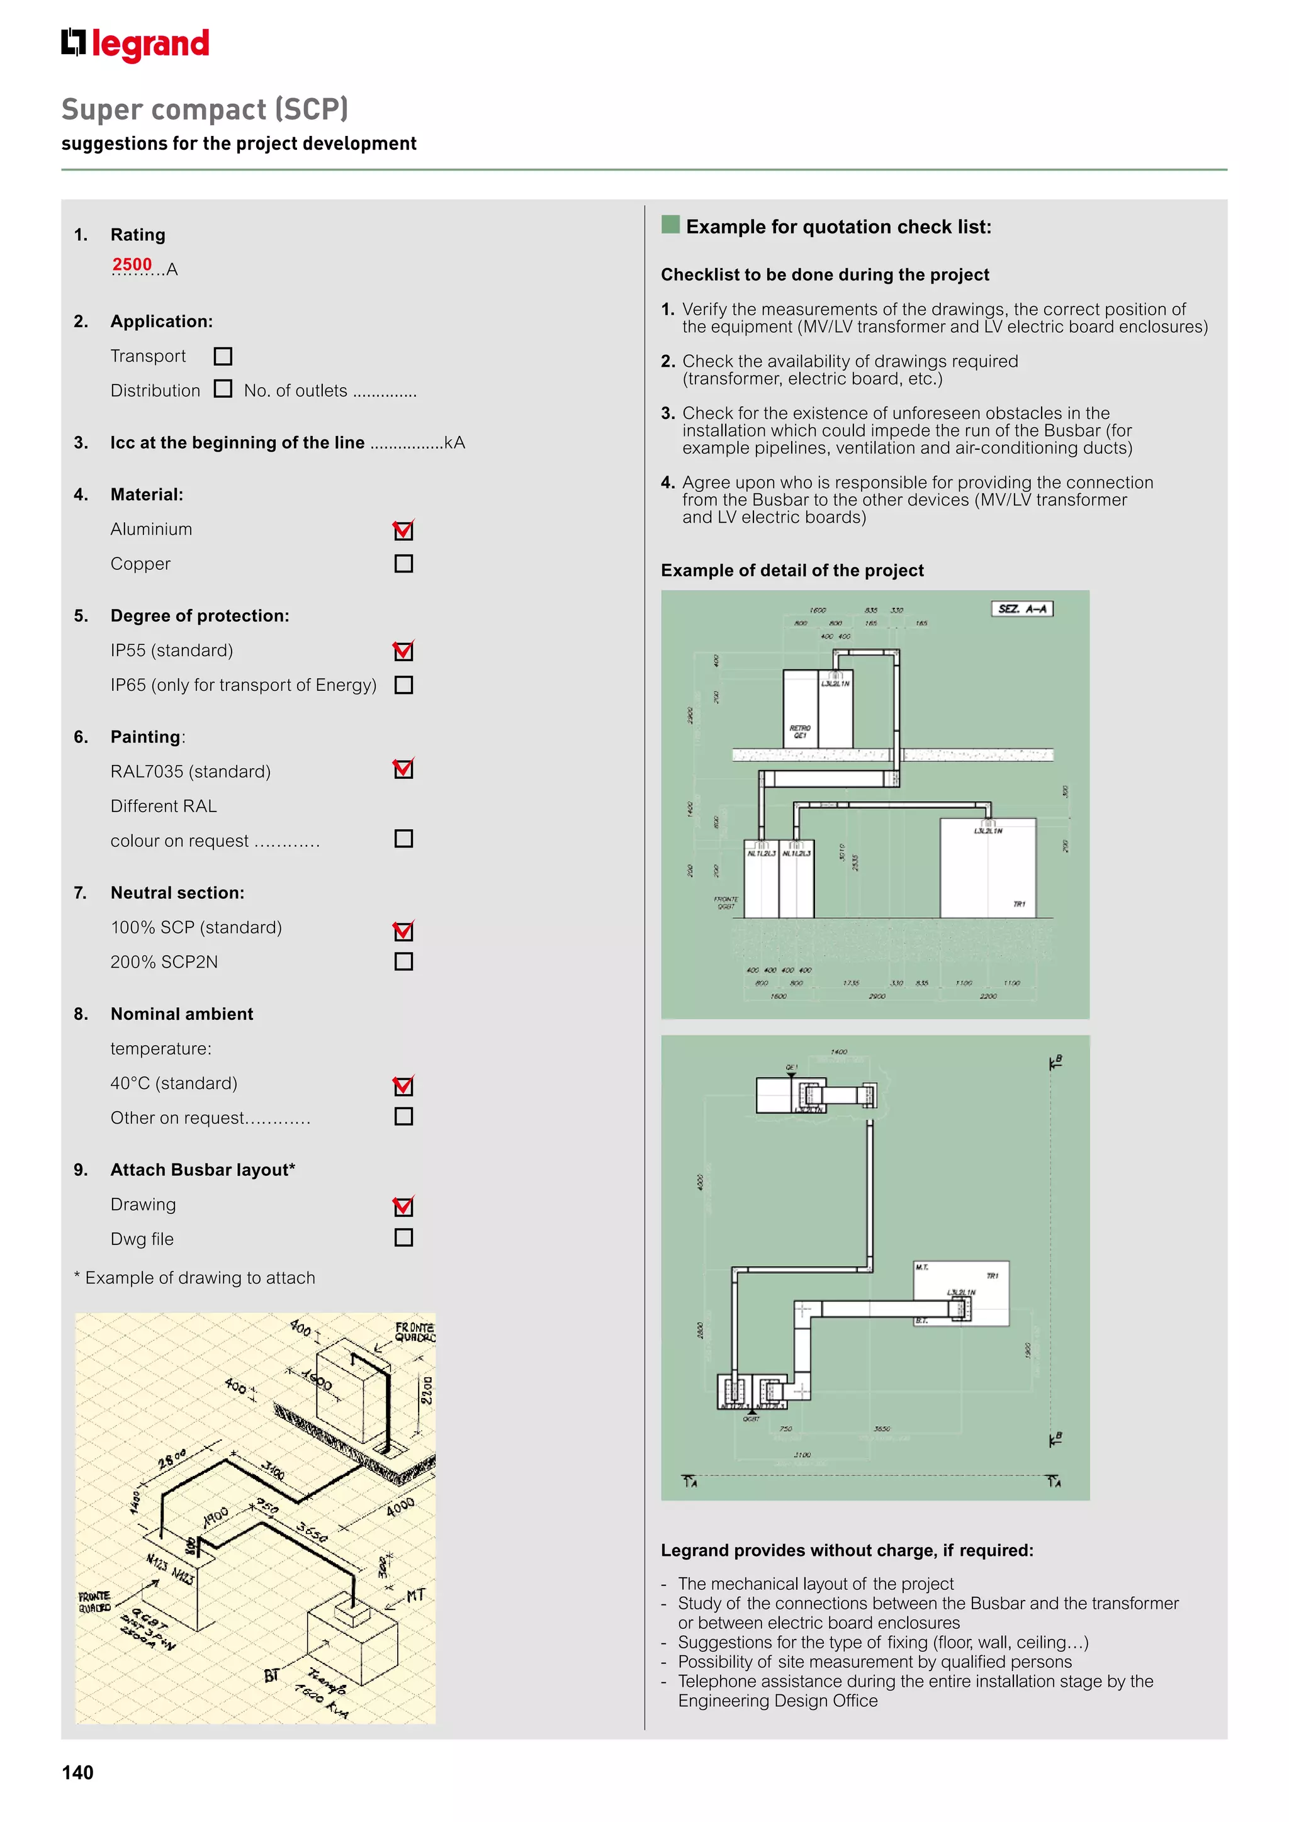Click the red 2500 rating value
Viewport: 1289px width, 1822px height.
pyautogui.click(x=132, y=264)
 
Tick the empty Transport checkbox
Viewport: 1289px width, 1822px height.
pyautogui.click(x=223, y=356)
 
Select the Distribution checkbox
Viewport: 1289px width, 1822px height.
pyautogui.click(x=223, y=389)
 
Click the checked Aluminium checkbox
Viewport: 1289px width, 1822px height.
pyautogui.click(x=403, y=530)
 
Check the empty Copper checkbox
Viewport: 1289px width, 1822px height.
pyautogui.click(x=403, y=564)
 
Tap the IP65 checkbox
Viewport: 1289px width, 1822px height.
pyautogui.click(x=403, y=685)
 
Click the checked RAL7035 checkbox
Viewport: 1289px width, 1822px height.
pyautogui.click(x=403, y=769)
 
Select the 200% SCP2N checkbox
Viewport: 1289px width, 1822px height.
pyautogui.click(x=403, y=962)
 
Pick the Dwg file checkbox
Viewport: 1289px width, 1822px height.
pyautogui.click(x=403, y=1238)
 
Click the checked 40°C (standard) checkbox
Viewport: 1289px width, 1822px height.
pyautogui.click(x=403, y=1085)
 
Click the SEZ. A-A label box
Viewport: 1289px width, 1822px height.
pyautogui.click(x=1022, y=608)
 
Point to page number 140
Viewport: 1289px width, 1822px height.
pyautogui.click(x=78, y=1773)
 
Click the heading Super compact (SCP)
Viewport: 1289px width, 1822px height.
pyautogui.click(x=205, y=109)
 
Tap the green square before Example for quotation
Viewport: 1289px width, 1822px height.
pyautogui.click(x=671, y=225)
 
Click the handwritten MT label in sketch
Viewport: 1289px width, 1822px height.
pyautogui.click(x=416, y=1595)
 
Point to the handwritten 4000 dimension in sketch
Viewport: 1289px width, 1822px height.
pyautogui.click(x=400, y=1507)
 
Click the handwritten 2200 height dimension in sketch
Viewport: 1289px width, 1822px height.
pyautogui.click(x=426, y=1390)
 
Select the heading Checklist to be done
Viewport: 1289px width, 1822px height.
pyautogui.click(x=825, y=274)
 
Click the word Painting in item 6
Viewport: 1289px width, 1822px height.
pyautogui.click(x=145, y=737)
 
